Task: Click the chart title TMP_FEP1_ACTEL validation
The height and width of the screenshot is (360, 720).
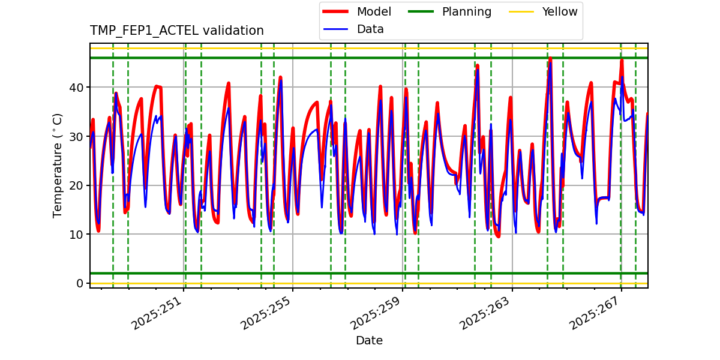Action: (177, 31)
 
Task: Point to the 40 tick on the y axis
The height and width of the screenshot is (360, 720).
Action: (78, 88)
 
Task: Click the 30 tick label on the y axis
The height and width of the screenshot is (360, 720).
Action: (78, 136)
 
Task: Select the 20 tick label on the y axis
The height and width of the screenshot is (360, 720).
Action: (78, 185)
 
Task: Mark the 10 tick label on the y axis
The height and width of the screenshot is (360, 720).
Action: (78, 234)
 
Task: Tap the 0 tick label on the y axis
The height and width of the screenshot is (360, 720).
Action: (81, 283)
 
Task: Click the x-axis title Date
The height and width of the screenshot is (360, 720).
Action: (369, 341)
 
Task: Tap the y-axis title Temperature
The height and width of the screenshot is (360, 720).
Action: (58, 165)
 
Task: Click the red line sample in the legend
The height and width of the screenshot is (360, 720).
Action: (337, 11)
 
